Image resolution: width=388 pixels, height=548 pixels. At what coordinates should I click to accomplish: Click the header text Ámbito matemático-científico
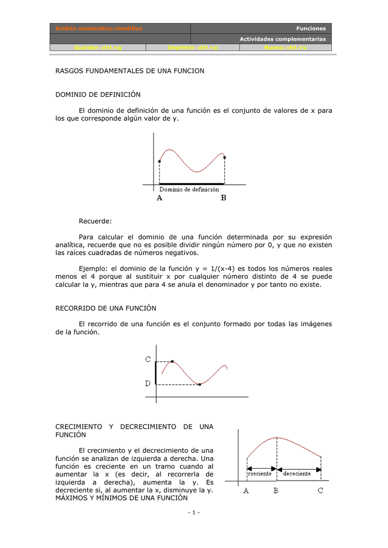pyautogui.click(x=96, y=28)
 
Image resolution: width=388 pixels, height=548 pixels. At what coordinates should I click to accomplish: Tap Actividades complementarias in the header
pyautogui.click(x=282, y=39)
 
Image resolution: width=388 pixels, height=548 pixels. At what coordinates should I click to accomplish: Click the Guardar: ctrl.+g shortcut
pyautogui.click(x=98, y=48)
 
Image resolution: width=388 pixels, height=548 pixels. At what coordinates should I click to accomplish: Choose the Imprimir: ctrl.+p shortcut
pyautogui.click(x=193, y=48)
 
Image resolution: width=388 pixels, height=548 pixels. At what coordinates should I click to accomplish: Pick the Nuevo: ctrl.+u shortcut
pyautogui.click(x=286, y=48)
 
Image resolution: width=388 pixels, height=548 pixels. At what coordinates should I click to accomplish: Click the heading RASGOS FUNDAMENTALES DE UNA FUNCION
pyautogui.click(x=130, y=71)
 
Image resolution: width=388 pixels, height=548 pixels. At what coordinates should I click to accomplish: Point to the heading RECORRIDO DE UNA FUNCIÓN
pyautogui.click(x=106, y=308)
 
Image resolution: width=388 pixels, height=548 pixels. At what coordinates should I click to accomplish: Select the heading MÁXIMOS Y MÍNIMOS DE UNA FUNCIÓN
pyautogui.click(x=122, y=498)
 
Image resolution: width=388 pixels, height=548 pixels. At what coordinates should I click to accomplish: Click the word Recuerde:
pyautogui.click(x=96, y=220)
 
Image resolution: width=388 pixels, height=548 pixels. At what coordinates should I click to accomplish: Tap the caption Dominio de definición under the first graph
pyautogui.click(x=189, y=189)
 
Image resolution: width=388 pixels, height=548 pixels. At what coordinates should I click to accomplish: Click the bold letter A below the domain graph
pyautogui.click(x=159, y=197)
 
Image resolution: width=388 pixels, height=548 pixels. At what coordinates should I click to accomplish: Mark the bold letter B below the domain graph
pyautogui.click(x=224, y=197)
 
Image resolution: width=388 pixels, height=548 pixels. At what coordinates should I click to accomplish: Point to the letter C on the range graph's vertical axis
pyautogui.click(x=148, y=360)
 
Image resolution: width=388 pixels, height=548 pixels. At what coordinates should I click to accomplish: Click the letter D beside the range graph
pyautogui.click(x=148, y=383)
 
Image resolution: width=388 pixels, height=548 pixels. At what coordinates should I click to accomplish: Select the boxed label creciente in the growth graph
pyautogui.click(x=260, y=473)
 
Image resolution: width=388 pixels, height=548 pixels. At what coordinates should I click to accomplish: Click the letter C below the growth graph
pyautogui.click(x=320, y=490)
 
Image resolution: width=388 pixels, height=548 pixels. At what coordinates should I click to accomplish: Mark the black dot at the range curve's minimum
pyautogui.click(x=199, y=384)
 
